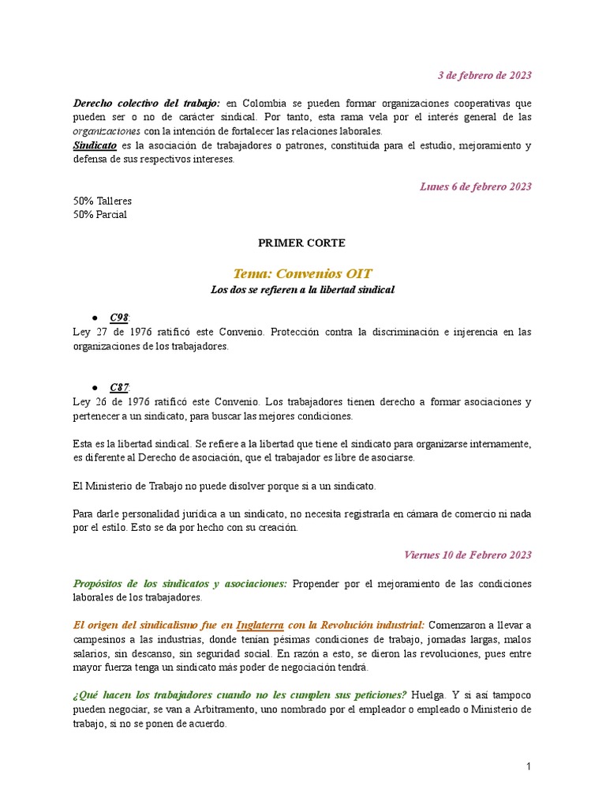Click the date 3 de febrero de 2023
[x=484, y=76]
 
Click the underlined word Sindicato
[x=94, y=146]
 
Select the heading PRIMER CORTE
[x=302, y=243]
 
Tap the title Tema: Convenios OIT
[x=302, y=274]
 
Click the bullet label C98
[x=118, y=318]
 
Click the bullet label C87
[x=118, y=387]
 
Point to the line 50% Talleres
[x=102, y=201]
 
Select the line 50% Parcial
[x=99, y=214]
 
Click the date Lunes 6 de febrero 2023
[x=475, y=187]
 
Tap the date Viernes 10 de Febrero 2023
[x=467, y=555]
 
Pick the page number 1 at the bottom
[x=529, y=767]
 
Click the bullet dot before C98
[x=94, y=318]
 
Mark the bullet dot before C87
[x=94, y=388]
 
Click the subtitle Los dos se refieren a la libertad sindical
[x=302, y=290]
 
